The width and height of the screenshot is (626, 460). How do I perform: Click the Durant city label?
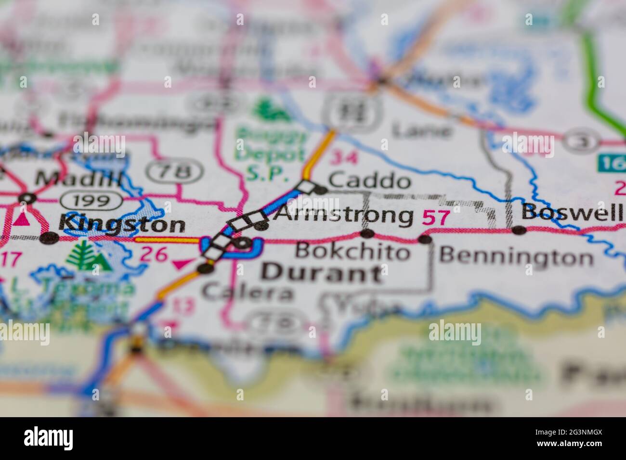click(322, 273)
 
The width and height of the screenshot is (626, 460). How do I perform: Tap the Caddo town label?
click(369, 181)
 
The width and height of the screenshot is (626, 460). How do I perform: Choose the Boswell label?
click(573, 212)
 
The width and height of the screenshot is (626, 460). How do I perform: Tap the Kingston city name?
click(121, 224)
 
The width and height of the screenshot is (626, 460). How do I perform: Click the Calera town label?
click(248, 292)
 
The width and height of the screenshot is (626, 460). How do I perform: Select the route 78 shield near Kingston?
click(175, 170)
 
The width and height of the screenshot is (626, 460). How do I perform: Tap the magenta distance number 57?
click(436, 217)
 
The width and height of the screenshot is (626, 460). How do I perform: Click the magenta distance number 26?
click(153, 255)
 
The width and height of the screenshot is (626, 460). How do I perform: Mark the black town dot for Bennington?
click(424, 239)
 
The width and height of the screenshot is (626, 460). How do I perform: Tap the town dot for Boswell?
click(519, 230)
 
